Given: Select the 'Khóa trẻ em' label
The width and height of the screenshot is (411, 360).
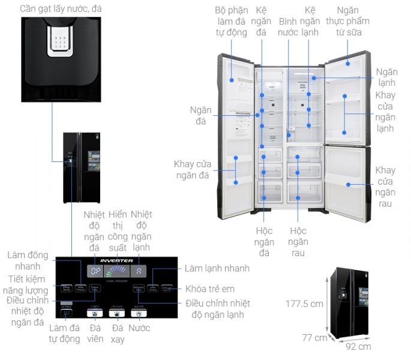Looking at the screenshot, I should point(209,289).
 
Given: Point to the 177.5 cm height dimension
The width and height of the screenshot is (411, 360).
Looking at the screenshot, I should point(304,304).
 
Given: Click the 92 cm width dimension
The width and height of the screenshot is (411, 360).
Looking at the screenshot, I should point(358,346).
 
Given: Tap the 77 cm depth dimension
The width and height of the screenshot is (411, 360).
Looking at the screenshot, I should point(314,338).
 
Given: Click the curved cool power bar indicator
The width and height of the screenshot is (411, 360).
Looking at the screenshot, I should point(117,271).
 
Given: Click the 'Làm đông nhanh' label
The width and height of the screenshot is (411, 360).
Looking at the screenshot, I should point(28,260).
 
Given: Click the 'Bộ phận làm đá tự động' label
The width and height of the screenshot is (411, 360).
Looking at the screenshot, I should point(232,22).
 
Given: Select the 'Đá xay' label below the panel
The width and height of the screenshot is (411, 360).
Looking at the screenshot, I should point(117,334).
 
